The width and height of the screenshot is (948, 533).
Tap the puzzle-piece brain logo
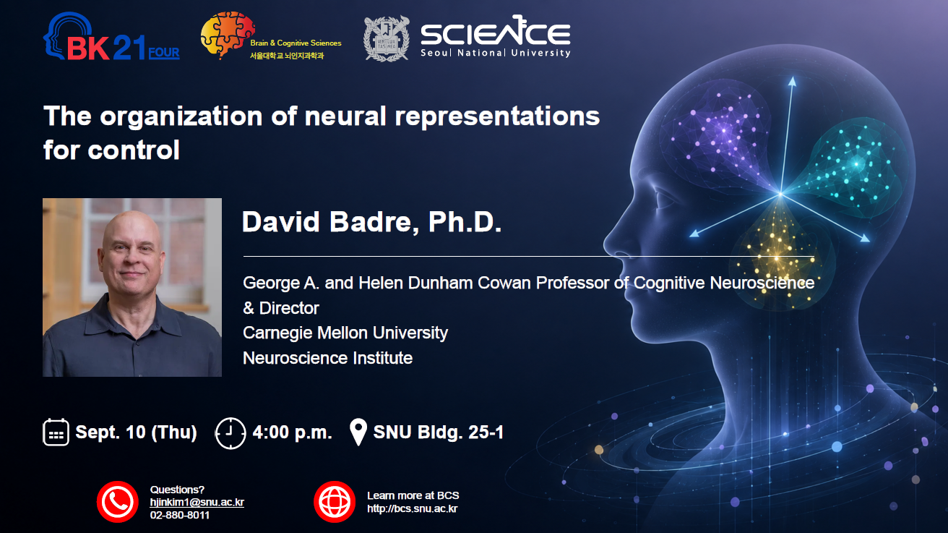[228, 35]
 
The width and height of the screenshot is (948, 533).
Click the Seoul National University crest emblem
[387, 38]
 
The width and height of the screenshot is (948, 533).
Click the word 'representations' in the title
[497, 116]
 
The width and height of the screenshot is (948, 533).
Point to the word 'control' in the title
[134, 150]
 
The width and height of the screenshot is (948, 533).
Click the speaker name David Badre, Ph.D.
[371, 221]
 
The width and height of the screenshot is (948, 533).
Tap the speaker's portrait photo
[132, 287]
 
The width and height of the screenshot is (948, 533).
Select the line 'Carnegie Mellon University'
[345, 333]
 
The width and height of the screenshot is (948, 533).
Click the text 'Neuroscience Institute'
[327, 358]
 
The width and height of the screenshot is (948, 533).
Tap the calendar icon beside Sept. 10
[56, 432]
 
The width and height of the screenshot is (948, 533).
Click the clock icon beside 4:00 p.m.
[230, 433]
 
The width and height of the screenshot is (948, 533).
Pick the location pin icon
[358, 432]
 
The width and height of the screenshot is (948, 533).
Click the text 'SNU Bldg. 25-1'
[439, 432]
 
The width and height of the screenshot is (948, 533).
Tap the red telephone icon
[118, 502]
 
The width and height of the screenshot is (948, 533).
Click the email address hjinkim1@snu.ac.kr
[197, 502]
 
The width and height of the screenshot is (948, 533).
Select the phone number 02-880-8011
[180, 515]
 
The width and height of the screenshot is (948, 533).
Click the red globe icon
[335, 502]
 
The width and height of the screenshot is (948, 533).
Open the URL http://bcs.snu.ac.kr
[412, 508]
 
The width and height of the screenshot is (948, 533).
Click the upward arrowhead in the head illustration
[792, 81]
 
